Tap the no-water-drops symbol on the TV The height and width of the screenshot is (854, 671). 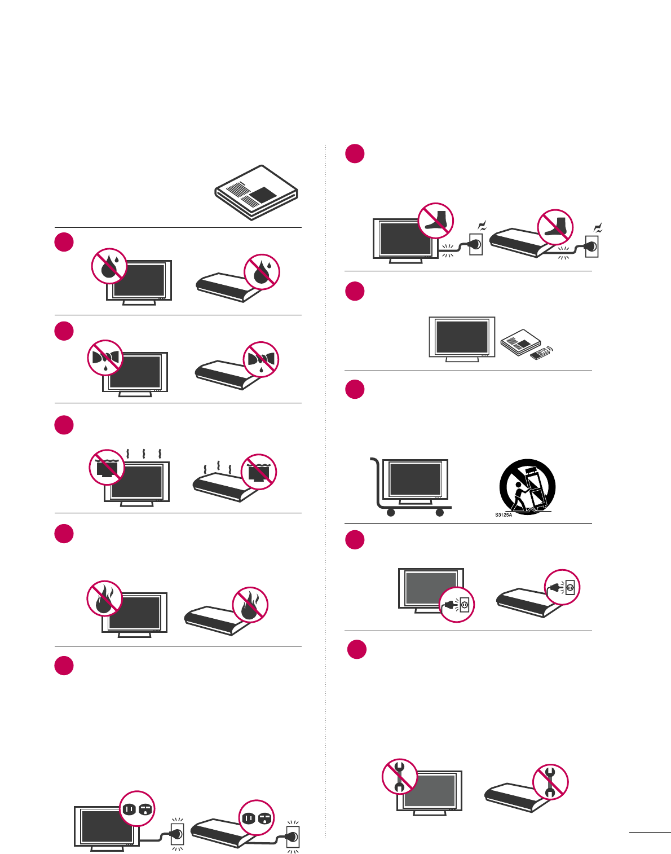[x=109, y=266]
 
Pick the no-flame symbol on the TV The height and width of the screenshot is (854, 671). [x=105, y=598]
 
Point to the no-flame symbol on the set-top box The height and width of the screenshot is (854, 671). [x=250, y=605]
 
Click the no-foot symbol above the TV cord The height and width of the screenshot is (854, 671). [x=436, y=221]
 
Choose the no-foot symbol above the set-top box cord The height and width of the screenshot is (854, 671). [x=555, y=227]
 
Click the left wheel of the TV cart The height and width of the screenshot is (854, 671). [x=390, y=513]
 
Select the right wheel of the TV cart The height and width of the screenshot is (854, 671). [x=439, y=513]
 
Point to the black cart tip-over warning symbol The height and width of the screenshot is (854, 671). [x=528, y=487]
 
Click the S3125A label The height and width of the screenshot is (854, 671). [x=504, y=515]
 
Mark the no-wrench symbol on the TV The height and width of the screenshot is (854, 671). [x=400, y=776]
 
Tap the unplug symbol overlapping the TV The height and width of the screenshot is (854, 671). [x=457, y=605]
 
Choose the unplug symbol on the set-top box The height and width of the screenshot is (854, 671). [x=562, y=587]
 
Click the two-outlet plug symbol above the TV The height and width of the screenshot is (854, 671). [x=138, y=809]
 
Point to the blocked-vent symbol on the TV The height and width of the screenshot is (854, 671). [x=107, y=467]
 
